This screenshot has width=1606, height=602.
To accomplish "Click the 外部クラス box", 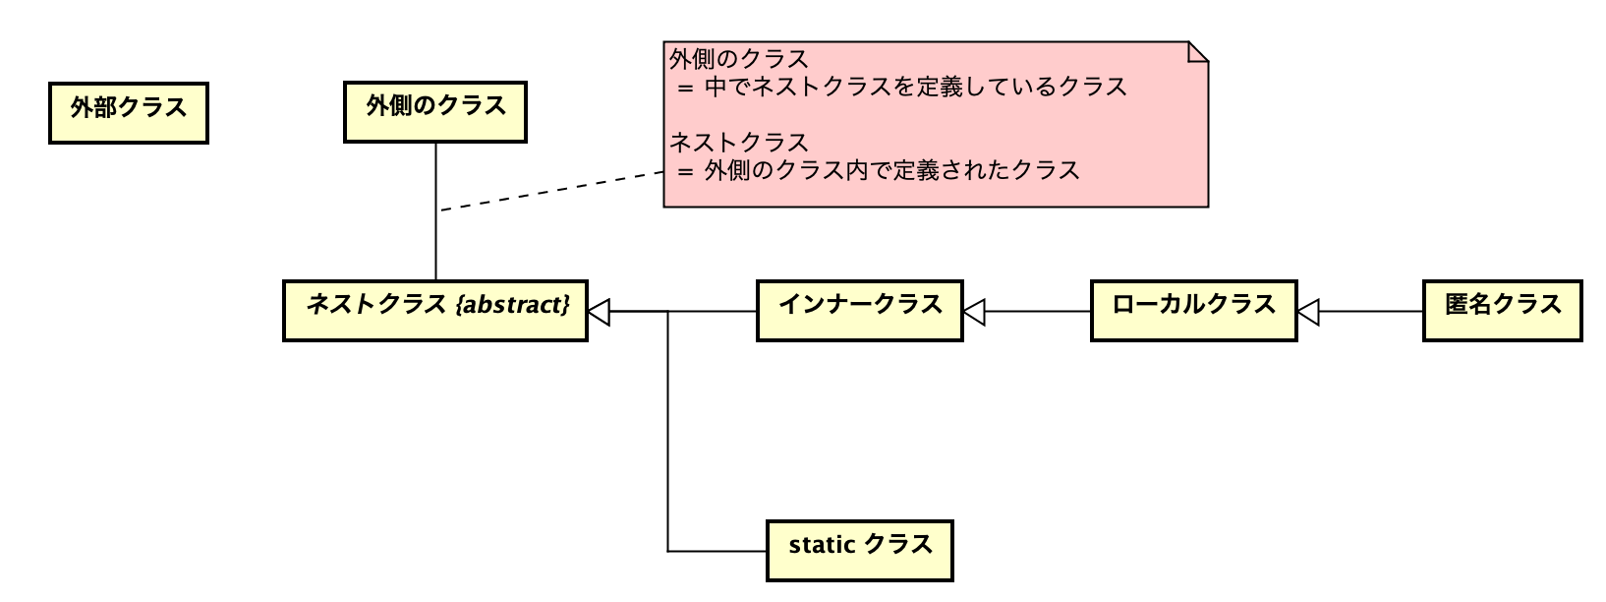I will pyautogui.click(x=129, y=113).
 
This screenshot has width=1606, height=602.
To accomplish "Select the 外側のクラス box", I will pyautogui.click(x=435, y=112).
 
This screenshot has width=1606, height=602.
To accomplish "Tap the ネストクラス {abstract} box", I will pyautogui.click(x=435, y=311).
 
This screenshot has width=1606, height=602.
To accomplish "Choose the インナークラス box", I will pyautogui.click(x=859, y=311).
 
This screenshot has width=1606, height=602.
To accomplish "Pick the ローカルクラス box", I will pyautogui.click(x=1193, y=311).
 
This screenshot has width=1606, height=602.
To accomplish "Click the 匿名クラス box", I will pyautogui.click(x=1502, y=311).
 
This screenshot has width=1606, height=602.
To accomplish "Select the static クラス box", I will pyautogui.click(x=859, y=551).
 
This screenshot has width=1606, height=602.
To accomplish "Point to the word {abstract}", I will pyautogui.click(x=513, y=304).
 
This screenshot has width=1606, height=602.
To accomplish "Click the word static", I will pyautogui.click(x=822, y=544).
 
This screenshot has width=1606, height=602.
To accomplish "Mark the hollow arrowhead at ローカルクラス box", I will pyautogui.click(x=1308, y=312).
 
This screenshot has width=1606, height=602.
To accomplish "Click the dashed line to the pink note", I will pyautogui.click(x=550, y=191).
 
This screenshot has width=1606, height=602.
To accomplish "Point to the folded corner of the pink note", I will pyautogui.click(x=1198, y=51).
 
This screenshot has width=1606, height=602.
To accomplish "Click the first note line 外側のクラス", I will pyautogui.click(x=739, y=59).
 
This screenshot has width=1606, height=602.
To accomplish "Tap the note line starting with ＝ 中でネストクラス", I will pyautogui.click(x=902, y=87).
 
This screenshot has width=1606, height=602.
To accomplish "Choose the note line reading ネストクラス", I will pyautogui.click(x=739, y=143).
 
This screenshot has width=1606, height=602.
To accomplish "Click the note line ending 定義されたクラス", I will pyautogui.click(x=879, y=170).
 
